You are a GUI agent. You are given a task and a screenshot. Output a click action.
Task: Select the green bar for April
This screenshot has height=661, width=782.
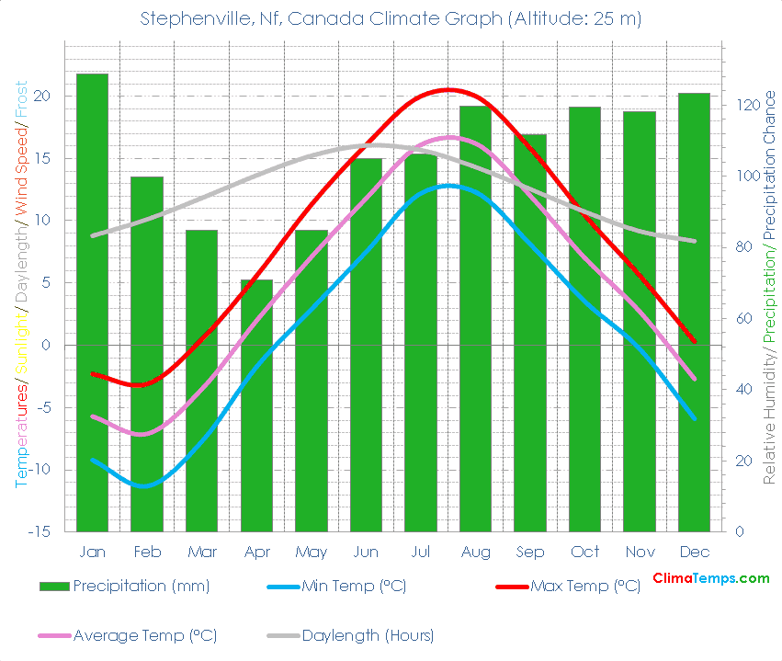click(x=256, y=405)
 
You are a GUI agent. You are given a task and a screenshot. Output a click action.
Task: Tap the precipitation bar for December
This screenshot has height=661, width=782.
click(x=694, y=312)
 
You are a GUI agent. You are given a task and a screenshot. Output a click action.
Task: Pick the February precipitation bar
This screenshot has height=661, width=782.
click(x=146, y=354)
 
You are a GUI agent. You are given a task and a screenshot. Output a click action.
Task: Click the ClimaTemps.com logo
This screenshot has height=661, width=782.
click(x=710, y=578)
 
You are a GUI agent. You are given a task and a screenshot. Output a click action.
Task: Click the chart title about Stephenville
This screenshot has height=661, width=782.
click(x=391, y=18)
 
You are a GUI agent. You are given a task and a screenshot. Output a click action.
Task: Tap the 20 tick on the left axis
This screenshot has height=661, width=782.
click(x=42, y=96)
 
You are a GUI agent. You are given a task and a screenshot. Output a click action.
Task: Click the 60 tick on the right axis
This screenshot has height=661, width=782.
click(x=742, y=319)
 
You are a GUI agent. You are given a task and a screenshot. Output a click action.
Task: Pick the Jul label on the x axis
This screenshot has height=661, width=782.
click(x=421, y=552)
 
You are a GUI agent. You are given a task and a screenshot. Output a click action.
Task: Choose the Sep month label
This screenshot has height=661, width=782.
click(x=530, y=552)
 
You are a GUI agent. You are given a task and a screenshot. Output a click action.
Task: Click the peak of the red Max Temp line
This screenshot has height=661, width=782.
click(x=448, y=89)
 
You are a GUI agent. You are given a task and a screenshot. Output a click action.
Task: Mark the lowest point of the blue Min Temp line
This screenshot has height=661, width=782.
click(x=145, y=485)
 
